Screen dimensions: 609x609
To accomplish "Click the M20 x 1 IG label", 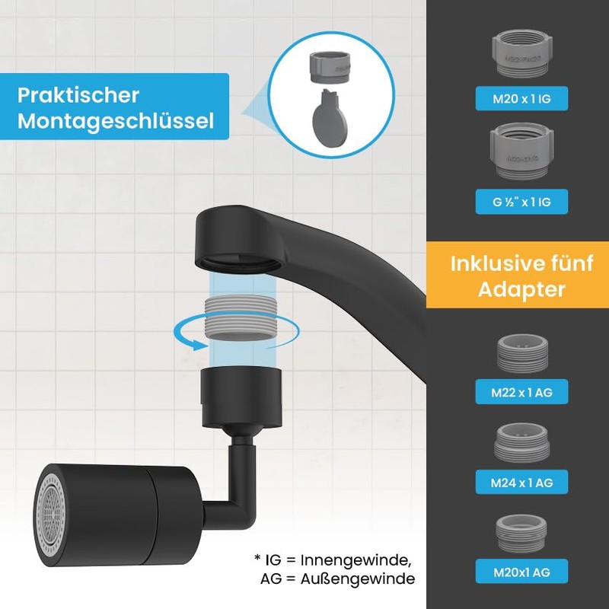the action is pyautogui.click(x=522, y=97).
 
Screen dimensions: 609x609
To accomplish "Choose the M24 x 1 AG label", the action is pyautogui.click(x=522, y=481).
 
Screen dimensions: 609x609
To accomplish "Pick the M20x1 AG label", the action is pyautogui.click(x=522, y=570).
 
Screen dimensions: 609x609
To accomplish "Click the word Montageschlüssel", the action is pyautogui.click(x=115, y=121).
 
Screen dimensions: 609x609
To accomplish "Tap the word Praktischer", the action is pyautogui.click(x=79, y=96).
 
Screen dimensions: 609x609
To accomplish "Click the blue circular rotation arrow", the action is pyautogui.click(x=190, y=336).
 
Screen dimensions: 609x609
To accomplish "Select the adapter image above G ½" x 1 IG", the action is pyautogui.click(x=522, y=151).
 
